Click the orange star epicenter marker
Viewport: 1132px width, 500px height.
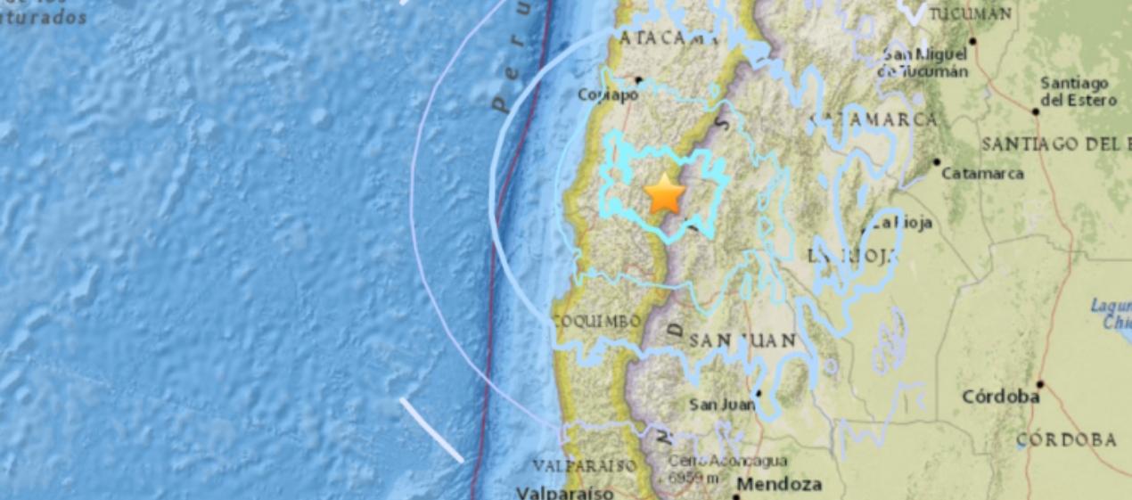coord(665,195)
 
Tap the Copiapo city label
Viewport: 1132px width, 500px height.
coord(608,94)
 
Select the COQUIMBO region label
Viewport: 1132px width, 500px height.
coord(596,321)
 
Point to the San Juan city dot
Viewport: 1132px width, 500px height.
coord(759,392)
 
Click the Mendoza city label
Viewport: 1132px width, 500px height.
coord(779,485)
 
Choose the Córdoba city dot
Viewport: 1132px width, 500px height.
coord(1039,385)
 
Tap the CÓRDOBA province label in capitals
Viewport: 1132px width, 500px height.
coord(1066,439)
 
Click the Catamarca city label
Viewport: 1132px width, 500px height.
coord(982,173)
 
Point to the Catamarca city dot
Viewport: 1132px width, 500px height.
coord(937,162)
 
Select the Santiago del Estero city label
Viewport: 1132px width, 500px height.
coord(1078,92)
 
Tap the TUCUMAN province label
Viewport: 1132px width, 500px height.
coord(970,13)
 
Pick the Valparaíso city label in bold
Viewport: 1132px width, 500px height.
coord(565,492)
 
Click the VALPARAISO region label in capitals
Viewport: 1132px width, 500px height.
coord(585,465)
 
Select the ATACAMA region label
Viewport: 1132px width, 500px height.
coord(668,38)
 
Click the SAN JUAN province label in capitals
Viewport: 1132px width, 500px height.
coord(742,340)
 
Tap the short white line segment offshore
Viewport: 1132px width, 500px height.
coord(431,430)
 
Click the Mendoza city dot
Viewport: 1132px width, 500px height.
coord(736,496)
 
